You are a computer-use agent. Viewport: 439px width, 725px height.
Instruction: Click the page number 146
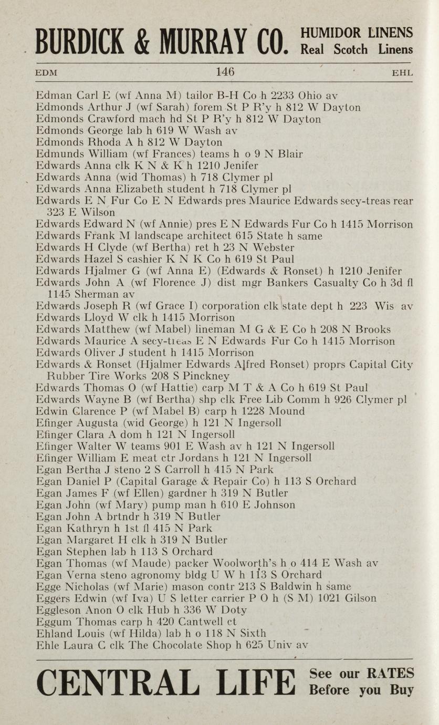click(x=225, y=71)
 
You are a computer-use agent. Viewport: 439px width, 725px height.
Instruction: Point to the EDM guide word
click(x=46, y=73)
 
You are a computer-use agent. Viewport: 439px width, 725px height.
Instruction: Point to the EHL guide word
click(x=402, y=73)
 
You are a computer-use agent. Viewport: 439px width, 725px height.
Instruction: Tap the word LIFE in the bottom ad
click(x=257, y=683)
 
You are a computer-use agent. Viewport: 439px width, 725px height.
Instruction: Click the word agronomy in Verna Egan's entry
click(x=170, y=575)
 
